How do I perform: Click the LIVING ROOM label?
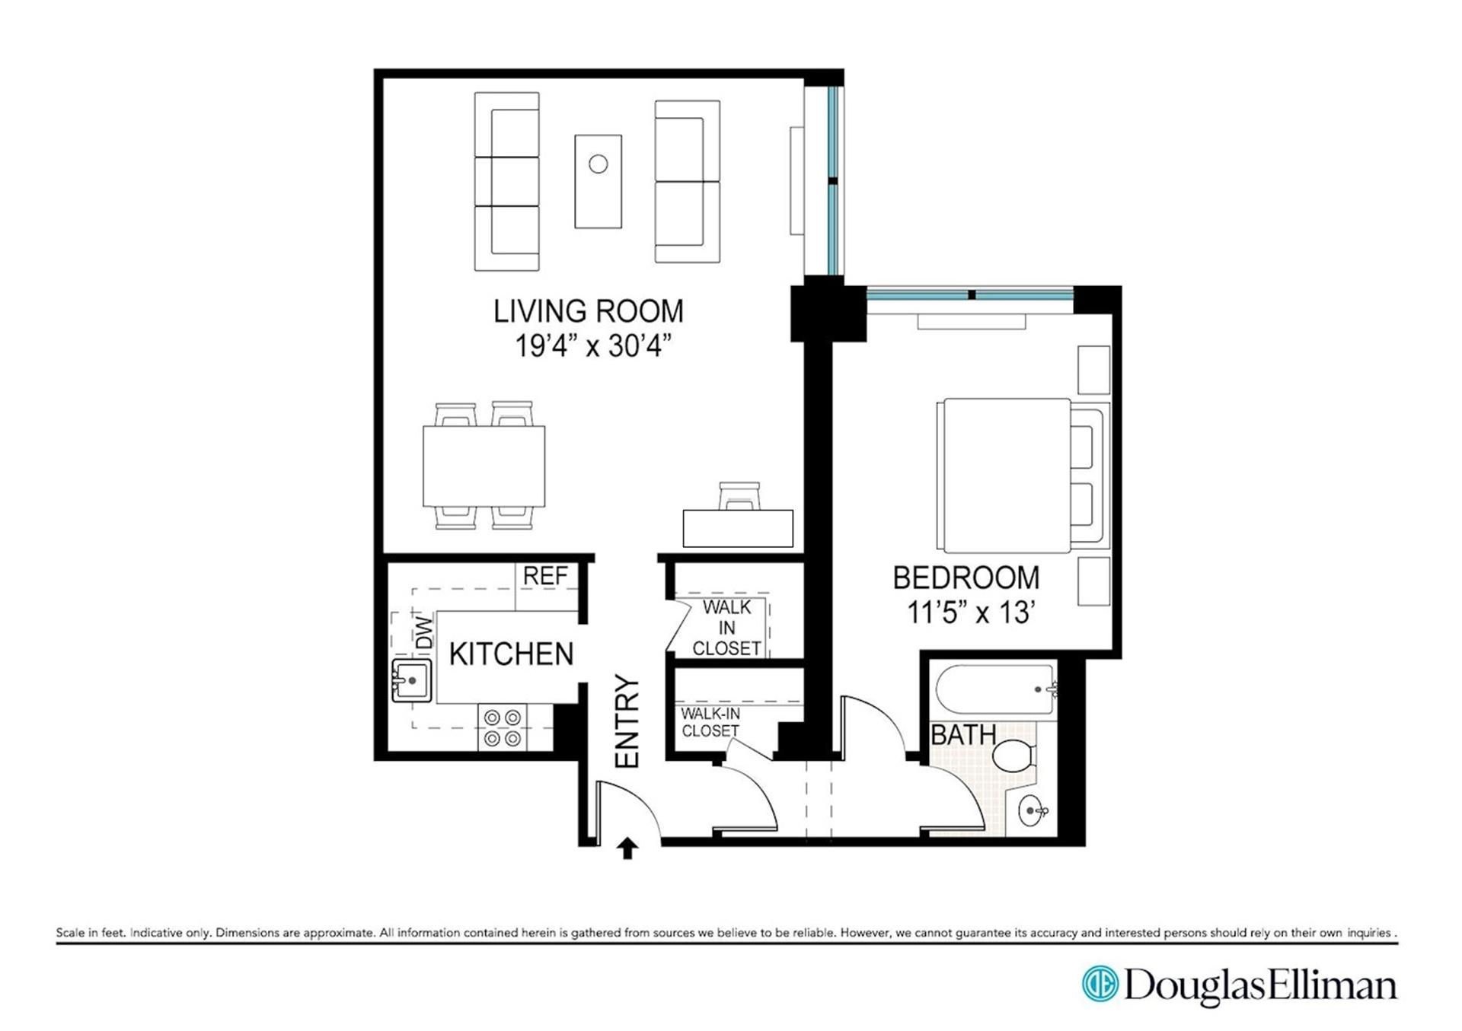click(589, 311)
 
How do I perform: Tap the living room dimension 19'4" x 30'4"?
click(593, 346)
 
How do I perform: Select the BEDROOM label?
click(966, 578)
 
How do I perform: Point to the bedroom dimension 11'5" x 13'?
click(969, 613)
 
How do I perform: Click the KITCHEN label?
click(511, 654)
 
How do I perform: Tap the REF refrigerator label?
click(545, 577)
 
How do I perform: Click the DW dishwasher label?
click(423, 632)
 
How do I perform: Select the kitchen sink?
click(411, 680)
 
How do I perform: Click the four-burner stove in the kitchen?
click(503, 727)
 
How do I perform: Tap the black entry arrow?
click(627, 848)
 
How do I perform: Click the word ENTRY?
click(627, 721)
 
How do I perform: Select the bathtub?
click(994, 690)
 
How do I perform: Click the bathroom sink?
click(1033, 811)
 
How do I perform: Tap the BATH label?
click(963, 735)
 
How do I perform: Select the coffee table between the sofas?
click(598, 181)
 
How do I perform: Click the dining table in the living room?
click(484, 466)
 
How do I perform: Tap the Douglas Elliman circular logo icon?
click(1100, 985)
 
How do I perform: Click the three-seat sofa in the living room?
click(507, 181)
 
